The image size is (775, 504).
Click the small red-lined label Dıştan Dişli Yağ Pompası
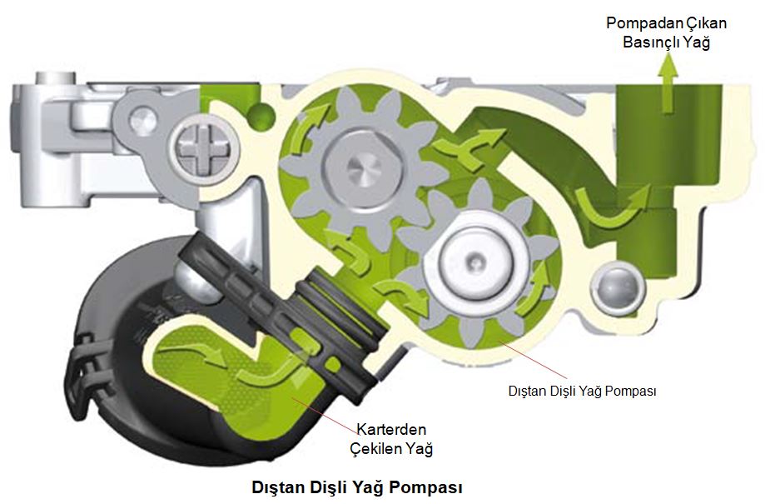click(x=582, y=390)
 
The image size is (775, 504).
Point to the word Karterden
click(x=391, y=430)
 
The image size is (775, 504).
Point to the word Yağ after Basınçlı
click(x=698, y=42)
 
